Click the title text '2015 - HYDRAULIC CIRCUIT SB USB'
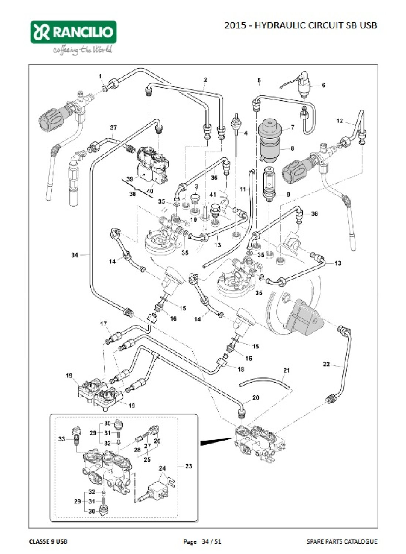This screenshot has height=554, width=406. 301,25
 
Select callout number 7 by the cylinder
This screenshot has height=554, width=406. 292,127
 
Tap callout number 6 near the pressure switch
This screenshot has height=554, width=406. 323,85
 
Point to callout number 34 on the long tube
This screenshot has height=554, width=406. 75,255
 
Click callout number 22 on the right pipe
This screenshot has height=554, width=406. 326,364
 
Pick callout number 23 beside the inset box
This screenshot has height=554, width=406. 188,466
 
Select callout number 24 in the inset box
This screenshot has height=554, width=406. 162,468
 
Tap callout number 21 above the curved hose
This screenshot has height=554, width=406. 287,370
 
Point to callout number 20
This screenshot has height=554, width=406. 256,397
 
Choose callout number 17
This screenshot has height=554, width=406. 103,324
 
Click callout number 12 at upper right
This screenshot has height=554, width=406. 340,120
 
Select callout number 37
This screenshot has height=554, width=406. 113,127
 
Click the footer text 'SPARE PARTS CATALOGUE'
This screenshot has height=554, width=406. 342,541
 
